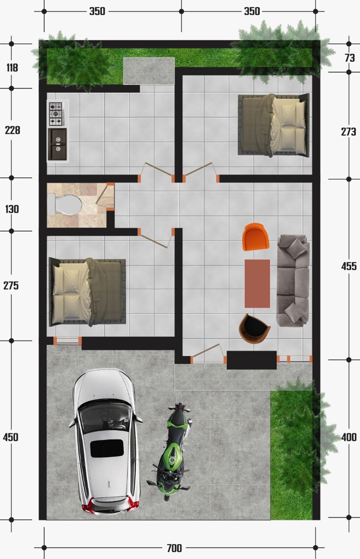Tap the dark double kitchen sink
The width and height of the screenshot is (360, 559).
pyautogui.click(x=57, y=144)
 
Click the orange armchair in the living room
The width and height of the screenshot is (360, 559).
pyautogui.click(x=256, y=237)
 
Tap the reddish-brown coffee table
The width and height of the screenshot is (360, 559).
pyautogui.click(x=257, y=284)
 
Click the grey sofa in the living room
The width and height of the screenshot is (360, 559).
pyautogui.click(x=293, y=280)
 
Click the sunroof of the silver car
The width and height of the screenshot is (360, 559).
pyautogui.click(x=107, y=448)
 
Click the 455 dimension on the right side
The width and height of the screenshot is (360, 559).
pyautogui.click(x=349, y=267)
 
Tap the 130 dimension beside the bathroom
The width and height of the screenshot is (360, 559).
pyautogui.click(x=12, y=209)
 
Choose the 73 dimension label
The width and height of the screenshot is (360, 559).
pyautogui.click(x=349, y=58)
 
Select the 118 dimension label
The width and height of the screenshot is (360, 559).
pyautogui.click(x=12, y=67)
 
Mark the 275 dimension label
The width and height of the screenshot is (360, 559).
pyautogui.click(x=11, y=286)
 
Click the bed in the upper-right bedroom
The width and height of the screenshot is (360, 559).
pyautogui.click(x=274, y=125)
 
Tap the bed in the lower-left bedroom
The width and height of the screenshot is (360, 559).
pyautogui.click(x=87, y=292)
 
